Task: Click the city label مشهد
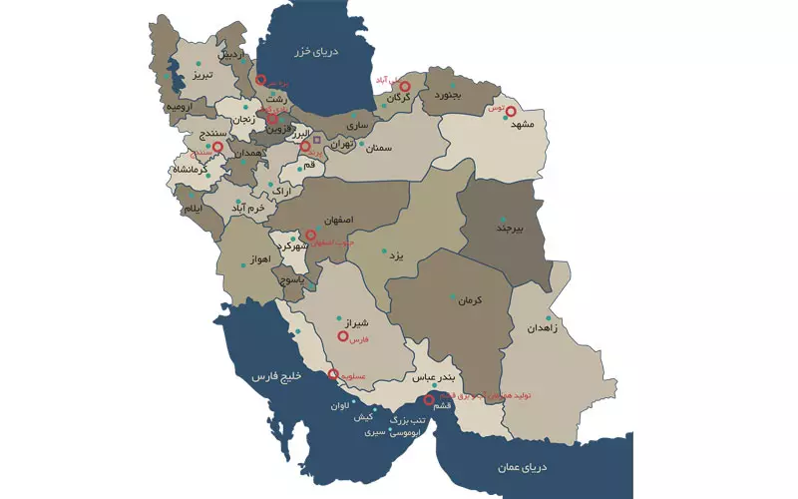click(x=524, y=125)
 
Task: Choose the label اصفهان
click(x=338, y=218)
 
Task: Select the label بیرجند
click(x=509, y=228)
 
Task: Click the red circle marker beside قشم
click(x=429, y=400)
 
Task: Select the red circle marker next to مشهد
click(x=512, y=112)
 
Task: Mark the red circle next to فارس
click(x=343, y=337)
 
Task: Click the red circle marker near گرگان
click(x=405, y=87)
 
